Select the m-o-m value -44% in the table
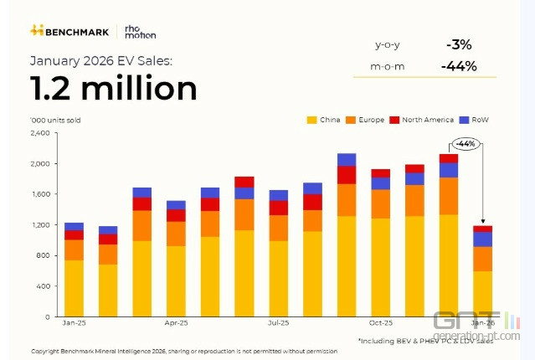click(458, 66)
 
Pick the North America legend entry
click(423, 120)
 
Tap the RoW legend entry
click(475, 120)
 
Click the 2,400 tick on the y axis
click(40, 133)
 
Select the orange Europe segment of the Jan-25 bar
click(74, 250)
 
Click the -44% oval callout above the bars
click(466, 143)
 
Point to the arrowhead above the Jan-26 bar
click(483, 222)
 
